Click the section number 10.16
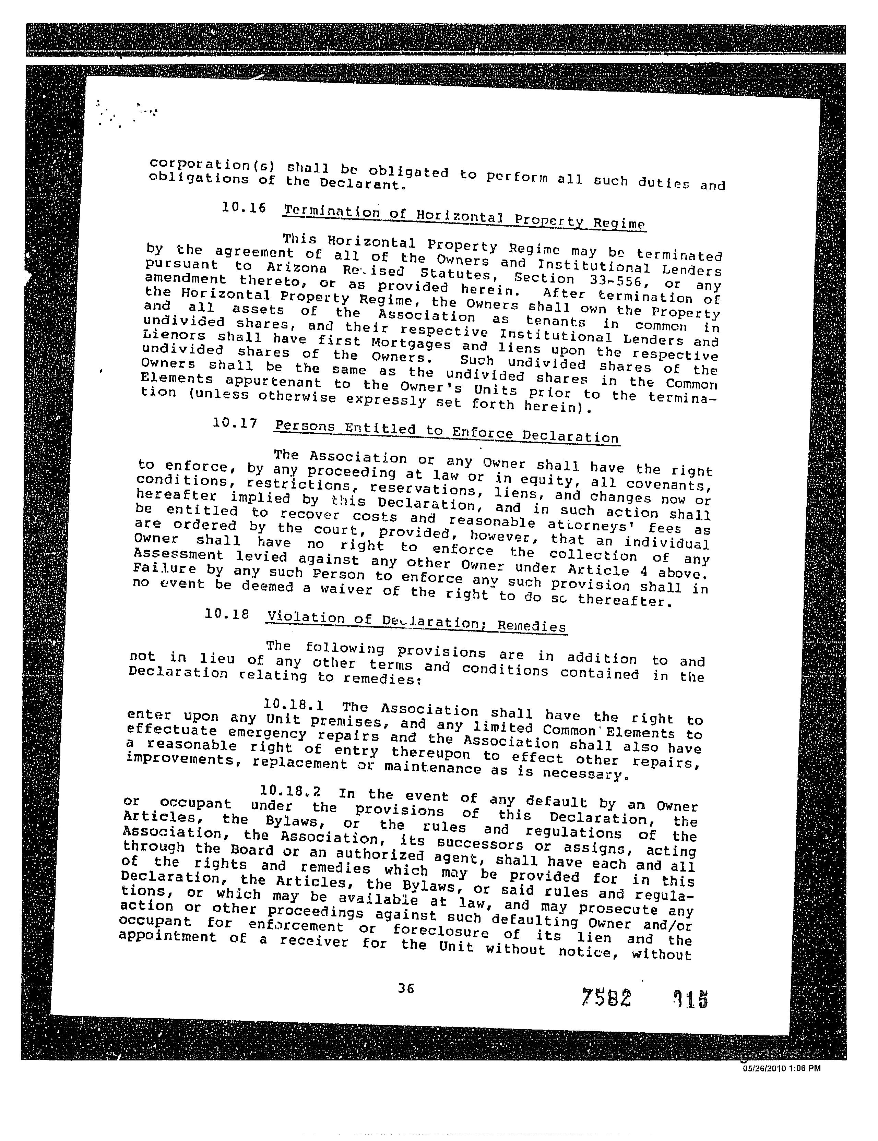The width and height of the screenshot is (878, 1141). pyautogui.click(x=244, y=207)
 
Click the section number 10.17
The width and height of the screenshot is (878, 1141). pyautogui.click(x=235, y=423)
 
